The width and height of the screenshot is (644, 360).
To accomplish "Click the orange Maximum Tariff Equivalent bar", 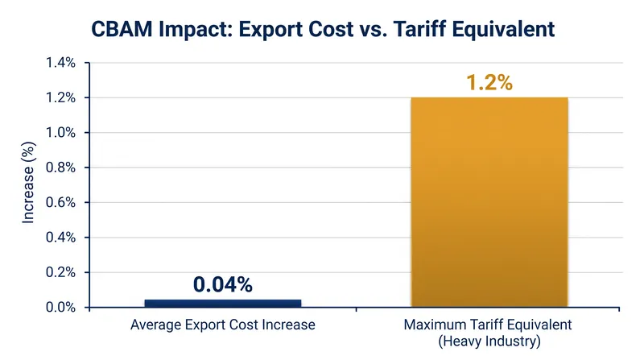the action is click(x=489, y=202).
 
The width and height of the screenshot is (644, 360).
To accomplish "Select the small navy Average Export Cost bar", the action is click(x=223, y=304).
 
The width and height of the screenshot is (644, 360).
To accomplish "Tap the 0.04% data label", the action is click(x=223, y=284).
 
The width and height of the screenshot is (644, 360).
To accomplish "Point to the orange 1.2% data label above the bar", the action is click(x=489, y=82).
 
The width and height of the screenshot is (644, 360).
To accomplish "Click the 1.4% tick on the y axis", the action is click(x=61, y=63).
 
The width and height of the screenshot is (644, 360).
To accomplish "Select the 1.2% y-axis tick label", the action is click(x=61, y=97).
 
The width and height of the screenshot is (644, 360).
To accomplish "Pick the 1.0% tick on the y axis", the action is click(x=61, y=133).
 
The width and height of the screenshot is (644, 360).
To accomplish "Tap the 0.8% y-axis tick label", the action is click(x=61, y=168).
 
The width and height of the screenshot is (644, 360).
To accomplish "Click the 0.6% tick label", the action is click(x=61, y=203).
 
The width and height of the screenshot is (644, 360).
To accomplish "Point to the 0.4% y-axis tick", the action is click(x=61, y=238).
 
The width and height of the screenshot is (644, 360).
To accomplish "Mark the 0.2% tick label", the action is click(x=61, y=272).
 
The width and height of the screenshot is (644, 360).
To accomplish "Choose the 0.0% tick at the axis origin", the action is click(x=61, y=308).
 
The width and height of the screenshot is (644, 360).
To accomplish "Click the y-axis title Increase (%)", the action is click(x=28, y=183).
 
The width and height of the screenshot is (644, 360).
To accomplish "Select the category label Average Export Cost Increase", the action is click(x=223, y=325).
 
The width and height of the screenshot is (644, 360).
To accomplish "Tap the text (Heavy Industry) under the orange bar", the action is click(x=489, y=341).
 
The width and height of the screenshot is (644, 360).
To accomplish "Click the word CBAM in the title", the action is click(x=122, y=29).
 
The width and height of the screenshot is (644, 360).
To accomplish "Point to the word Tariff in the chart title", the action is click(x=422, y=29).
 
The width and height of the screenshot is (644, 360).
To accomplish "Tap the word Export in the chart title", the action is click(x=270, y=30).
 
